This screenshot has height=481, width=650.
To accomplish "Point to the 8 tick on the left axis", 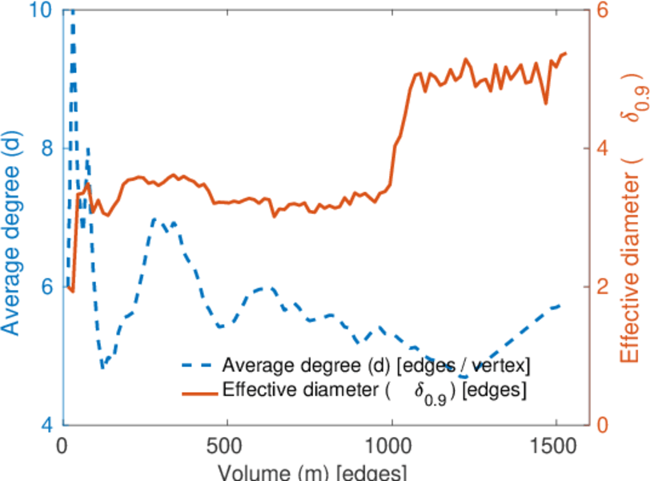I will click(46, 148).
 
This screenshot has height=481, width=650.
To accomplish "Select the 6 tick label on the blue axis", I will click(46, 287).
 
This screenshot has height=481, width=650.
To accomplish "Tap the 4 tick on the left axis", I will click(46, 425).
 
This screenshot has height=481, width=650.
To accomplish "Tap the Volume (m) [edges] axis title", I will click(320, 471).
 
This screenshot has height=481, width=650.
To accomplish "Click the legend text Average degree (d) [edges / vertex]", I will click(376, 366).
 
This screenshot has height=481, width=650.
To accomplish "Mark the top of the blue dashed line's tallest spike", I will click(72, 11).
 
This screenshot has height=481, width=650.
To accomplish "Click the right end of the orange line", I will click(565, 54).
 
